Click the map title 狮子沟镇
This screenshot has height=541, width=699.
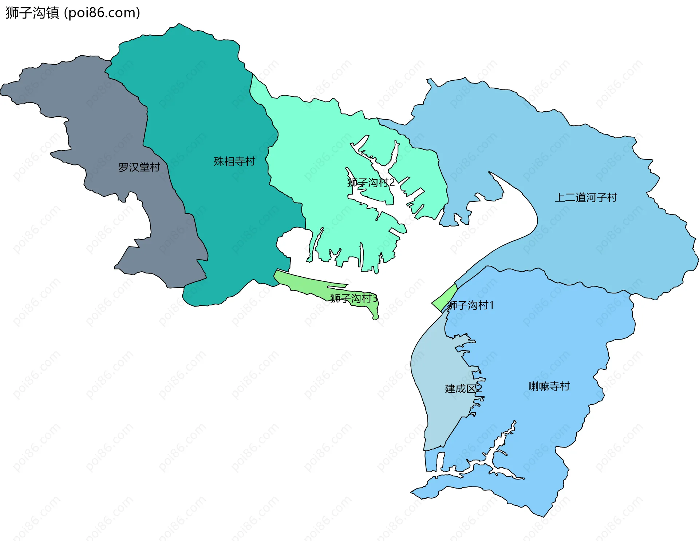(32, 13)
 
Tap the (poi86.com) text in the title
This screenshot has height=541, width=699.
(102, 13)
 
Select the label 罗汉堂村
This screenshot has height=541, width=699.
(139, 167)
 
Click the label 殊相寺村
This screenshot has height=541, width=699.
(234, 161)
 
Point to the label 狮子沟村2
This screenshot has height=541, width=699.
(371, 183)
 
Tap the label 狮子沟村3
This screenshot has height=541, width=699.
(354, 298)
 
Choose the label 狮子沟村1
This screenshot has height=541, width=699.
(470, 305)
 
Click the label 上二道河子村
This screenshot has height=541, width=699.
(586, 197)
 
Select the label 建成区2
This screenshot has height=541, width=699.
(463, 389)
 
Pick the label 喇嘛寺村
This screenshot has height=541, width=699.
(549, 386)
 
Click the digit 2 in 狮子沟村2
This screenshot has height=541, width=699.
(392, 183)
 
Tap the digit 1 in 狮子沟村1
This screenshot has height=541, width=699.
(491, 305)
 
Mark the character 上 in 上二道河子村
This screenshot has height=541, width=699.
(560, 197)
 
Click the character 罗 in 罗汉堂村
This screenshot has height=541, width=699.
(123, 167)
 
